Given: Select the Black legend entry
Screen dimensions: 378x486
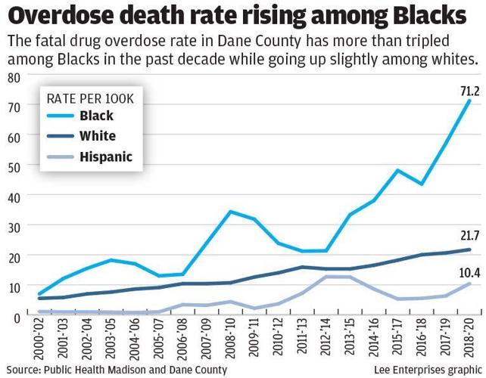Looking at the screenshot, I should coord(96,116).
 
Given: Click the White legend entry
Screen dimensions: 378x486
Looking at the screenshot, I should coord(97,136).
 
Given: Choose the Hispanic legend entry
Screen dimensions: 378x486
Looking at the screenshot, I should coord(104,157).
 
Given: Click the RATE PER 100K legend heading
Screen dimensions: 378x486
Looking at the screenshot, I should coord(90,98).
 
